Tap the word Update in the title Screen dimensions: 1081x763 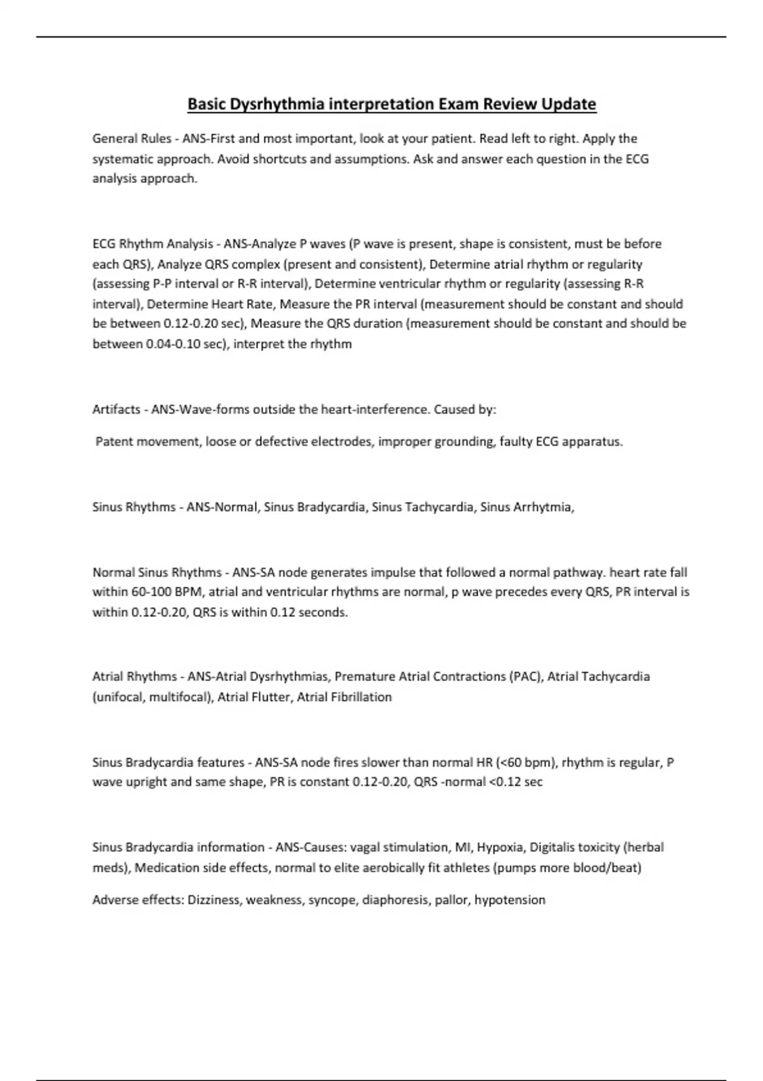pos(568,104)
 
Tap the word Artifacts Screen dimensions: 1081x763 pos(116,410)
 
